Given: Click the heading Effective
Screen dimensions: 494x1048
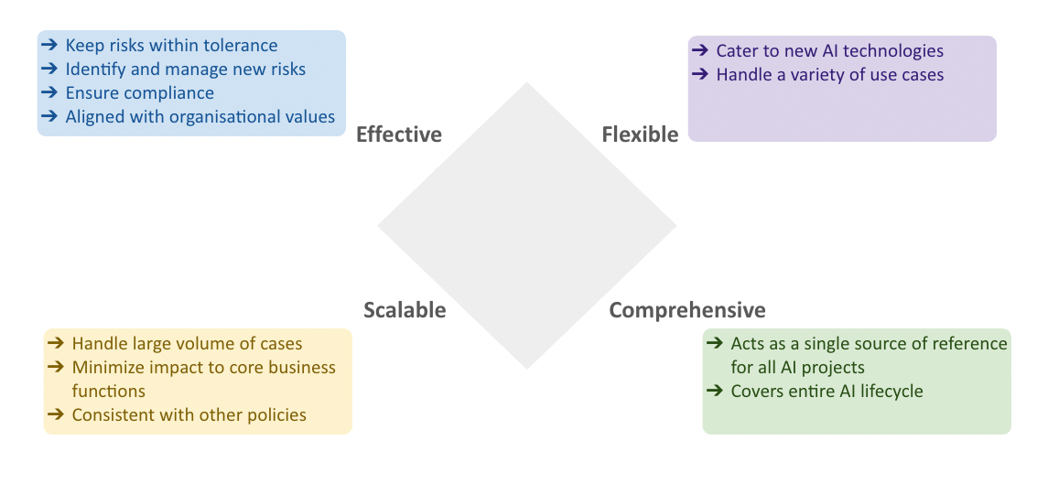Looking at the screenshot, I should [398, 134].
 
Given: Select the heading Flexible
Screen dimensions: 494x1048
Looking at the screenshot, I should [640, 134].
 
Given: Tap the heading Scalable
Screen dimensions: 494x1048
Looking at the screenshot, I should [405, 310].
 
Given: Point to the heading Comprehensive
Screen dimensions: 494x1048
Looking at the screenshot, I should [687, 310].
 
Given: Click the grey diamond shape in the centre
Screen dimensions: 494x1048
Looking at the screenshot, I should [526, 226].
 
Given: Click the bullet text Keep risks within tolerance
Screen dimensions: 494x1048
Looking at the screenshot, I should [171, 45].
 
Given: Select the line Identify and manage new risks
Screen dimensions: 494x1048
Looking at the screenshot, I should [185, 69].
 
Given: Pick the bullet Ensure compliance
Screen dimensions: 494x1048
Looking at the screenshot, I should [139, 92].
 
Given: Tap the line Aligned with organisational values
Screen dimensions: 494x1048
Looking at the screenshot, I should [200, 116].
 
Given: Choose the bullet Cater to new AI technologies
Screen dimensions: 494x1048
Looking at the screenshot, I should [829, 51].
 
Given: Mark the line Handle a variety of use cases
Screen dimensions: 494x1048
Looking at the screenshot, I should [829, 75].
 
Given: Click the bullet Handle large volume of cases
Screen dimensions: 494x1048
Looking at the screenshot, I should [187, 344].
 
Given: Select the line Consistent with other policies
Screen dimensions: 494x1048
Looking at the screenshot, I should [189, 415].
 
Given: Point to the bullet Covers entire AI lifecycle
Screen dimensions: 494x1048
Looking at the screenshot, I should [827, 392].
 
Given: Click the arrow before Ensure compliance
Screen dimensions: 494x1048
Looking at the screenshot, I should [51, 92].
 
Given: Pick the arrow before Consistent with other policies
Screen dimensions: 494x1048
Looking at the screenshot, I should [58, 415].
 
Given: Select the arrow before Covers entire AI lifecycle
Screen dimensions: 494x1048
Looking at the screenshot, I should [717, 392].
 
